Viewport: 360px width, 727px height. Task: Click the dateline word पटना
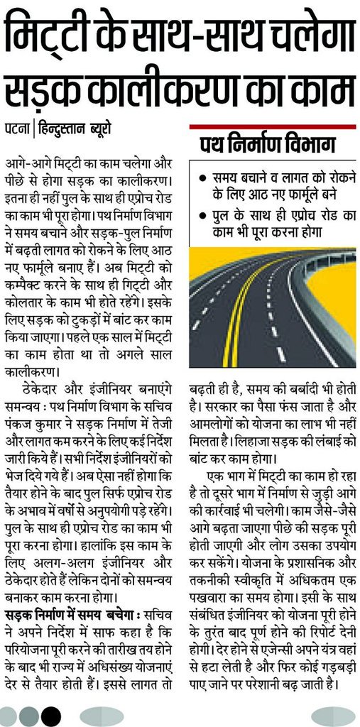coord(16,130)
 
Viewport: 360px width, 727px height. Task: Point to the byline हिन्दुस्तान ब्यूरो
coord(74,130)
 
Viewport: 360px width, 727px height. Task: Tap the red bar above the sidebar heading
coord(272,126)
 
